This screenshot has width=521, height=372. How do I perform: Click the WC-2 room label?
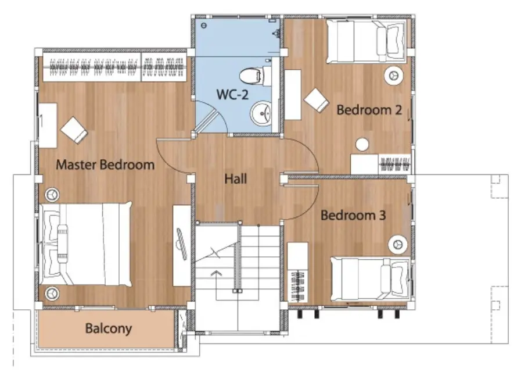tap(232, 94)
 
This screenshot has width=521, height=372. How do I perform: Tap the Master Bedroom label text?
tap(105, 164)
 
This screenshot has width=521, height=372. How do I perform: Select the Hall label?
tap(236, 179)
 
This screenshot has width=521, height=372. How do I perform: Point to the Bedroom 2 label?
tap(369, 110)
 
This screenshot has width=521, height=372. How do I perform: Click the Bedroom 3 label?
tap(353, 216)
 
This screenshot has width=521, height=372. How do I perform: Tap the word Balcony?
tap(109, 328)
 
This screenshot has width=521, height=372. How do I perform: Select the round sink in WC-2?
tap(261, 113)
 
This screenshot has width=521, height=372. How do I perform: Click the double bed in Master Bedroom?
tap(86, 245)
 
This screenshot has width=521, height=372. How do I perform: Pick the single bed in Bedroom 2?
tap(366, 41)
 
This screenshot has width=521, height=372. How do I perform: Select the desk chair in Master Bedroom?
tap(74, 130)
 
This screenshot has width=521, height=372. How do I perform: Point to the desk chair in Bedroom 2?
tap(317, 101)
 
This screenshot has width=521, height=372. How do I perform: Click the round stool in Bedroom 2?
tap(362, 145)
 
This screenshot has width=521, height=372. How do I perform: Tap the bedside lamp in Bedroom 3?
tap(398, 244)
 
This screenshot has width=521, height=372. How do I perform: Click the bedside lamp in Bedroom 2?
tap(394, 76)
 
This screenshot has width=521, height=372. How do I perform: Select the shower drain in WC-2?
tap(204, 25)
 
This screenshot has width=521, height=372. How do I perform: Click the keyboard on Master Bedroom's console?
tap(182, 239)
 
